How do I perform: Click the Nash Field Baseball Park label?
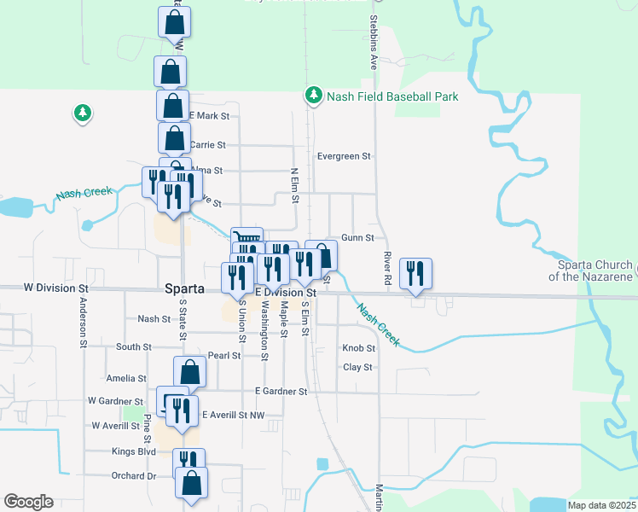pos(392,96)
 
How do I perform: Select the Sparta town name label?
pos(184,289)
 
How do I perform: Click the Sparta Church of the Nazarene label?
pos(590,271)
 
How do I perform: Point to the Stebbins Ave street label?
pos(373,41)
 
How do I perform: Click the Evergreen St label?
pos(344,156)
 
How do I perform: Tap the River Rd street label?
pos(387,267)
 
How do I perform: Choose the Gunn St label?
pos(357,237)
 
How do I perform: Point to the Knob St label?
pos(358,348)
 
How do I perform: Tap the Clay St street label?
pos(357,367)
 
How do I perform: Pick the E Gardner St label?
pos(281,392)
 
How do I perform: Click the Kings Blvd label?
pos(134,451)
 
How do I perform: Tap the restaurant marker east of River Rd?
pos(415,274)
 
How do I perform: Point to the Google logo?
pos(28,502)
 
